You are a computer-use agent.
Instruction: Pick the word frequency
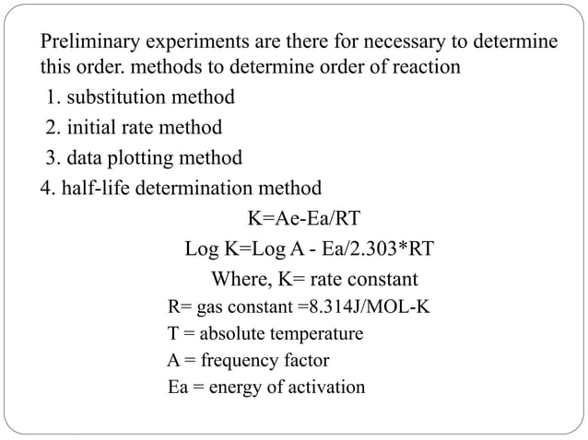pos(225,360)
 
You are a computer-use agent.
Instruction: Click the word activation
pos(323,387)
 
